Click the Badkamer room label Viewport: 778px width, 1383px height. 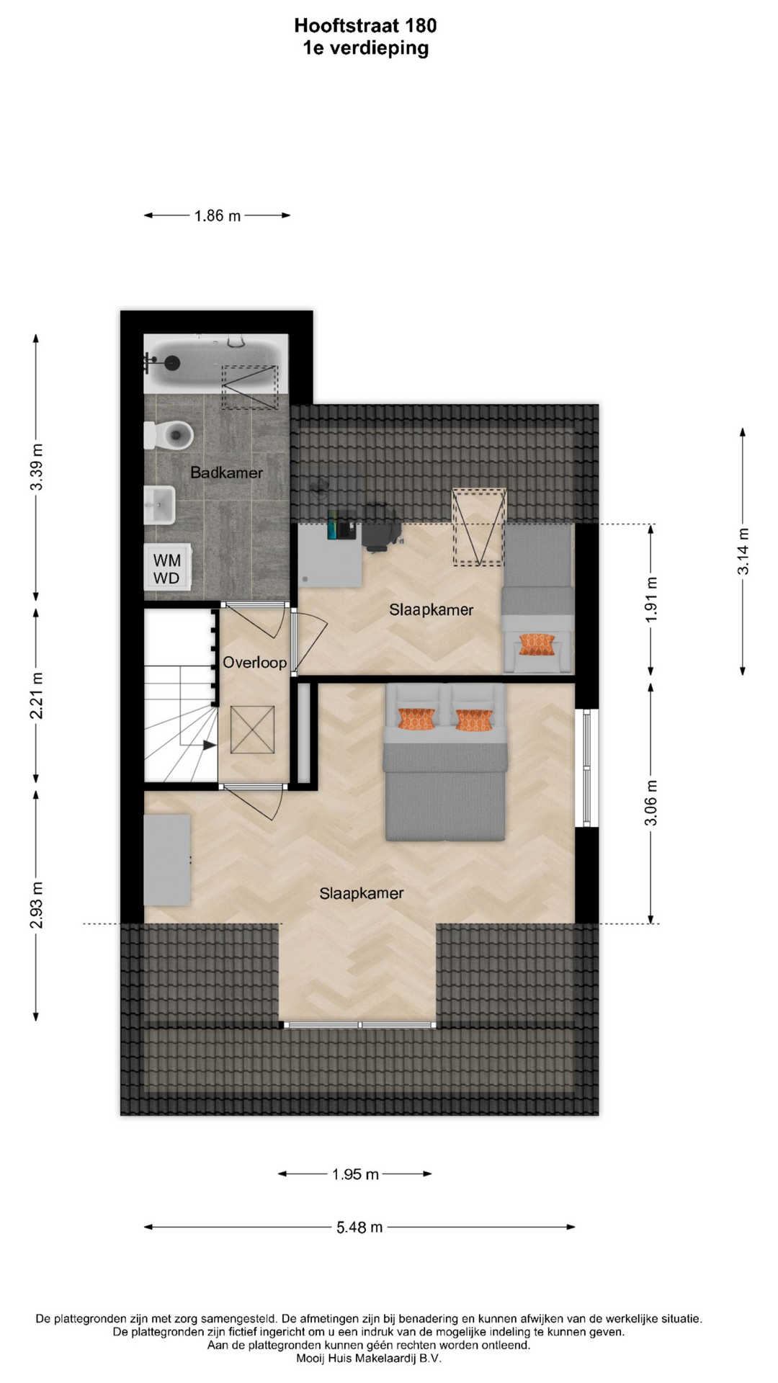point(226,473)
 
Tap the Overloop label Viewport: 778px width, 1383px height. point(254,662)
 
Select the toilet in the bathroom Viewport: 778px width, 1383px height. point(169,434)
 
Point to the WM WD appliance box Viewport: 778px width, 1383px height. point(167,568)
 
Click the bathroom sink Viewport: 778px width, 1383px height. point(160,506)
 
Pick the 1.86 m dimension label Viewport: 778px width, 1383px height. point(218,215)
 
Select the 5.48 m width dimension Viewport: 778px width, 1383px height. point(359,1227)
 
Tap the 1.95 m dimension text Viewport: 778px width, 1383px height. point(355,1174)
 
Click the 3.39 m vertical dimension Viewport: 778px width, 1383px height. point(36,467)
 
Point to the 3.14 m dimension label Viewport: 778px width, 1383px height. point(743,551)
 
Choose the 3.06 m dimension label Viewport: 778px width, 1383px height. point(650,802)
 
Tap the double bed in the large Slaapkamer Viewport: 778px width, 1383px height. point(445,762)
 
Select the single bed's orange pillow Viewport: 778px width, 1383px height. point(537,645)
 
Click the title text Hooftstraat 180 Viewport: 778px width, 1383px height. point(365,26)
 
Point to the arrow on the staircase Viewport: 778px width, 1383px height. point(209,746)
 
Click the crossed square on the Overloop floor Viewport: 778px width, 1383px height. point(252,730)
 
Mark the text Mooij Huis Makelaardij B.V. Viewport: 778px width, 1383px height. point(368,1359)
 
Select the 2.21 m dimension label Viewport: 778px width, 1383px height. point(36,695)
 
